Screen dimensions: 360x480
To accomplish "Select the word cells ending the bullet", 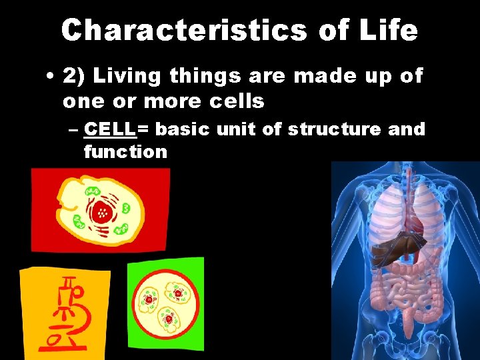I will pos(235,101).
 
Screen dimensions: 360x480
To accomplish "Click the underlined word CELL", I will pos(110,129).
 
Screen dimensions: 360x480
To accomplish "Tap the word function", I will pos(125,152).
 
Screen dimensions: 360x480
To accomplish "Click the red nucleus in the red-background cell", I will pos(102,212).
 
